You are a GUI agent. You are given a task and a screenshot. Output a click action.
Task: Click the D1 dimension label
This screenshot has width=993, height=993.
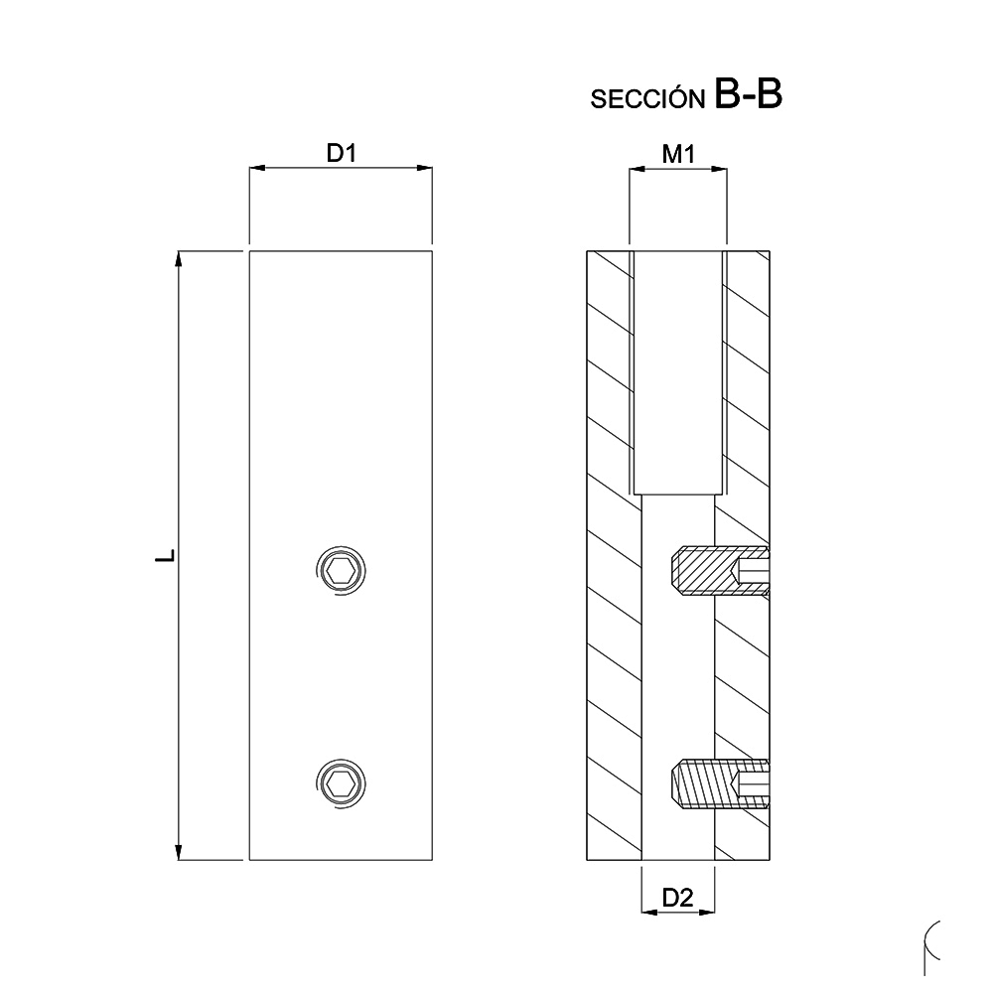click(x=341, y=154)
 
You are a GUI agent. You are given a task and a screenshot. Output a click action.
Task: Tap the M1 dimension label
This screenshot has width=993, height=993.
click(x=678, y=154)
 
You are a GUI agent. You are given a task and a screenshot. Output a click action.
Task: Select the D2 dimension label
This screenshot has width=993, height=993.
click(x=677, y=899)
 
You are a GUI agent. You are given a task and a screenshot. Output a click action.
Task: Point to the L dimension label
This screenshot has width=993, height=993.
click(x=166, y=555)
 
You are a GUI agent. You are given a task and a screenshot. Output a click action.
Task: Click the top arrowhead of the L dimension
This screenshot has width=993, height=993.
click(x=179, y=260)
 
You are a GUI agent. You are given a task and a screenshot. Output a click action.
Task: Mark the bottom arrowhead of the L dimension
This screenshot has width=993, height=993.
click(x=179, y=851)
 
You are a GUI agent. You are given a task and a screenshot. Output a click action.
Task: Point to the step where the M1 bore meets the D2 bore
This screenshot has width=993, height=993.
click(x=677, y=495)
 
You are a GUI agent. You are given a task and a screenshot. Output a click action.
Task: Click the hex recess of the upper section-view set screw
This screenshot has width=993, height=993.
click(x=752, y=572)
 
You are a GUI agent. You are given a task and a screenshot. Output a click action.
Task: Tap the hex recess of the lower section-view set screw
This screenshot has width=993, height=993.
click(x=752, y=782)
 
